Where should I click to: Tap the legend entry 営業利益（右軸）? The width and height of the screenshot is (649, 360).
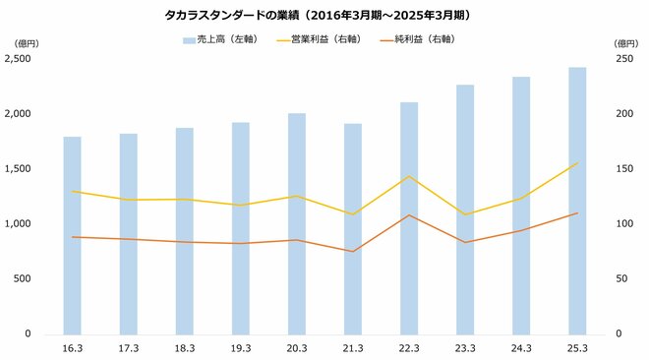(324, 40)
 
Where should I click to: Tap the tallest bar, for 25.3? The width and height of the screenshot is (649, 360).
(577, 201)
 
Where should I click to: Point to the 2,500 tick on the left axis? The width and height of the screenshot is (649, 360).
(20, 59)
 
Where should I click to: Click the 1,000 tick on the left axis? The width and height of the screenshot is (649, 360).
(20, 224)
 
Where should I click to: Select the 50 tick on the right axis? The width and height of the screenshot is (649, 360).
(619, 279)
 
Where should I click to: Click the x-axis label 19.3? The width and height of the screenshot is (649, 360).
(241, 347)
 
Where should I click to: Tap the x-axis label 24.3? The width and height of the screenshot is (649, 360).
(521, 347)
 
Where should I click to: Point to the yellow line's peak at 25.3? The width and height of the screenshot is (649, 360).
(577, 163)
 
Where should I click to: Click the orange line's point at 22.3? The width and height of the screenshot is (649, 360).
(409, 215)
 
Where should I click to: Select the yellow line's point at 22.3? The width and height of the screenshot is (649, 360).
(409, 176)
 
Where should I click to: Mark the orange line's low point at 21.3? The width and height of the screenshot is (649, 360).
(353, 251)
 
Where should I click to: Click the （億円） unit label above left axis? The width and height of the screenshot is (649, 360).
(26, 43)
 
